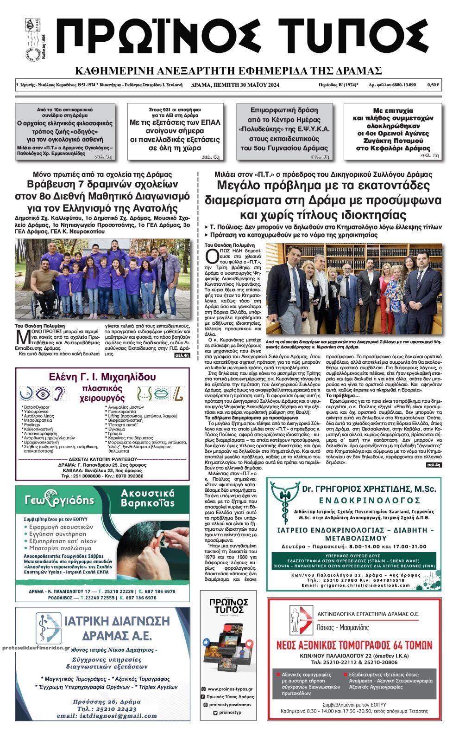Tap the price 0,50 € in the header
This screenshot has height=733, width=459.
pos(433,85)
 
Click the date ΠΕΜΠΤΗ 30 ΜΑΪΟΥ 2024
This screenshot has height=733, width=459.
pos(236,85)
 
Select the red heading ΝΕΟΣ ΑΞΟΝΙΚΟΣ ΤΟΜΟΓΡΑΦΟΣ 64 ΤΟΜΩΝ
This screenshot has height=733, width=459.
pos(354,645)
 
